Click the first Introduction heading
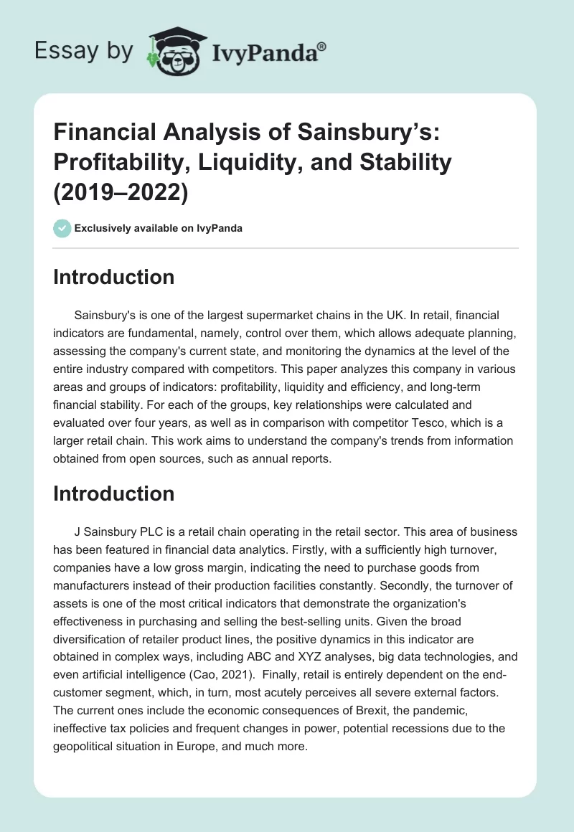click(114, 278)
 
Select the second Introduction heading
click(114, 493)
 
